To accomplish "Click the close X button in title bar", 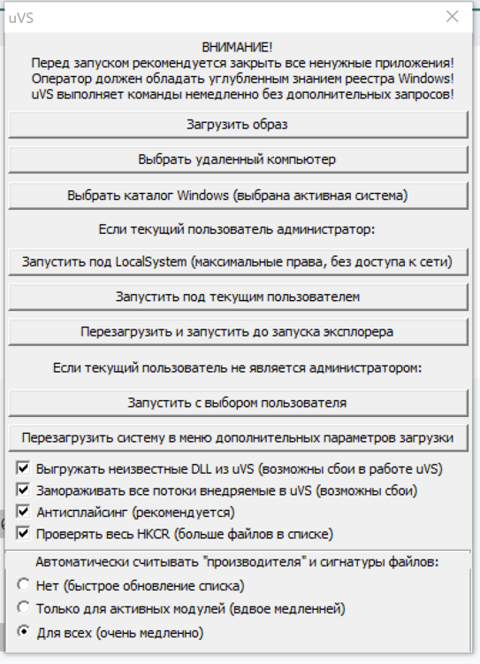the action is tap(453, 17).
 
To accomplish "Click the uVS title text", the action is tap(21, 17).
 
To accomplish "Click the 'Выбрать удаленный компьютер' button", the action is tap(238, 159).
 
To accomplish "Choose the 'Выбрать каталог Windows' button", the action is tap(238, 194).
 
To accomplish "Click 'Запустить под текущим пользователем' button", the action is tap(238, 296).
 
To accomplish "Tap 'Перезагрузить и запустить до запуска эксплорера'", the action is tap(238, 330).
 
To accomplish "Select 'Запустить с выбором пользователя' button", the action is tap(238, 402).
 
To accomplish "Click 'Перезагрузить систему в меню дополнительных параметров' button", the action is tap(238, 436).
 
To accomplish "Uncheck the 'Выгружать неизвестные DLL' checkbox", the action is tap(24, 467).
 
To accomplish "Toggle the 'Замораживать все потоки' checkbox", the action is tap(24, 489).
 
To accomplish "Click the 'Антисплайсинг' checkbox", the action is tap(24, 511).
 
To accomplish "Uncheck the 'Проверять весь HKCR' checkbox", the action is tap(24, 533).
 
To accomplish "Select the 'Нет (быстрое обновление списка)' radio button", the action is tap(24, 585).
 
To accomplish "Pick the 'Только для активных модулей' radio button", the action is tap(24, 608).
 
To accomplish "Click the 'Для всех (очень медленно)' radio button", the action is tap(24, 632).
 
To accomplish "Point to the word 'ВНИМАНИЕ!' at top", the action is tap(238, 47).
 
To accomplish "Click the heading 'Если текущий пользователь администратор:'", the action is tap(238, 229).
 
